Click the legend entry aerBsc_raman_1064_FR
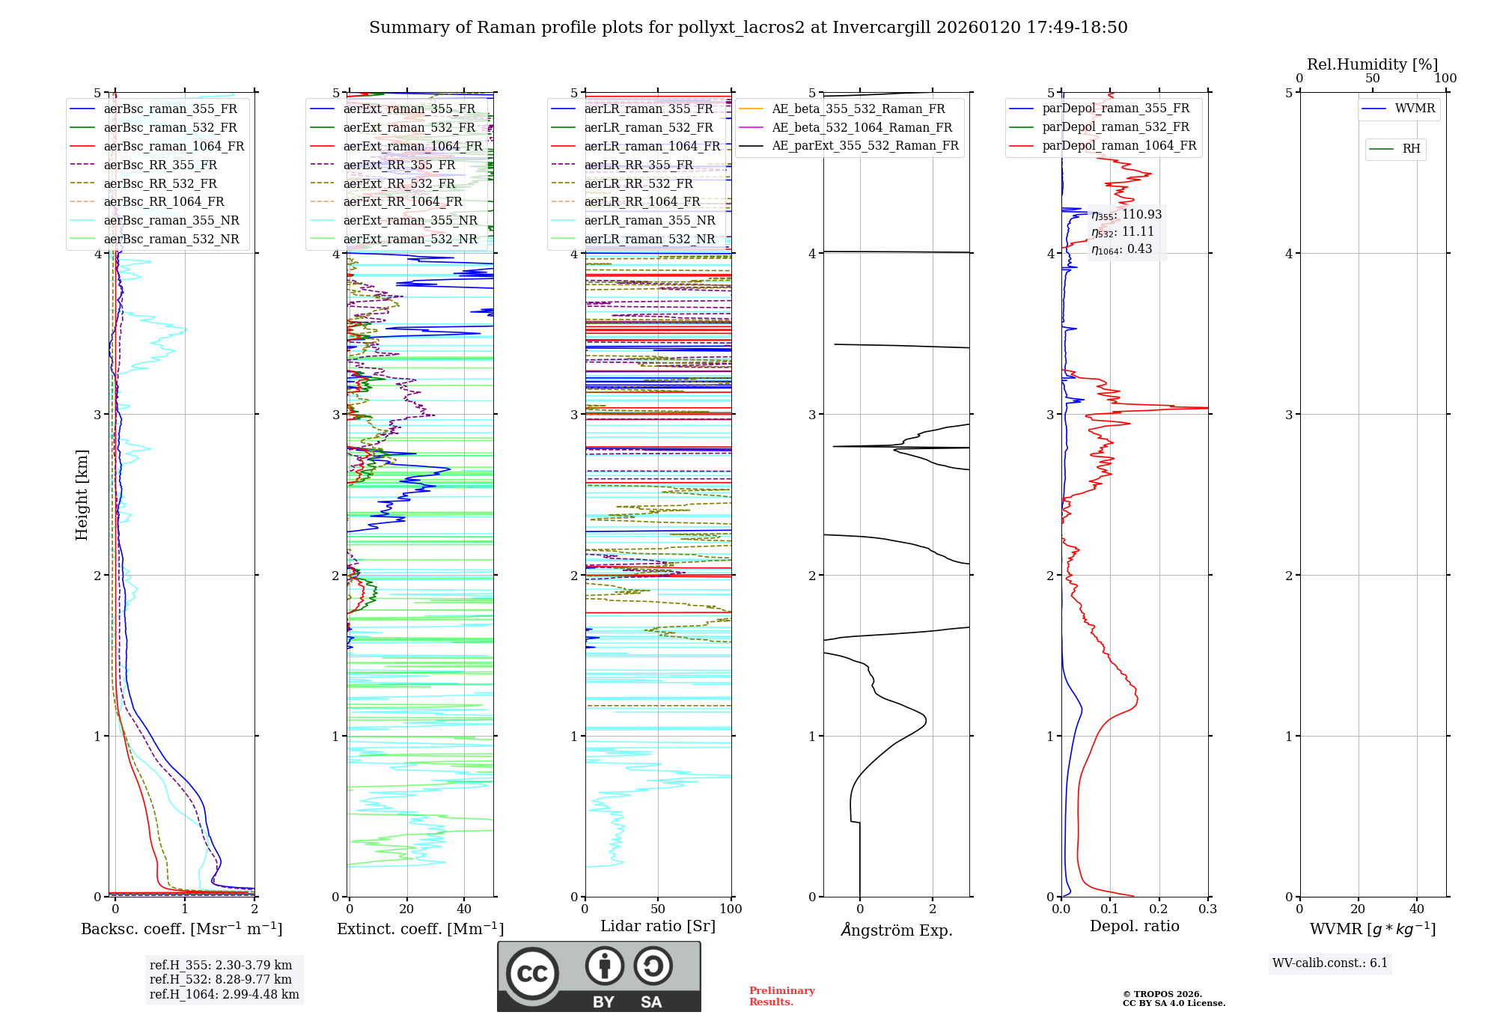point(174,146)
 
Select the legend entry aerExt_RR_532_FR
point(399,183)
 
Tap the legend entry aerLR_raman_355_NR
point(650,220)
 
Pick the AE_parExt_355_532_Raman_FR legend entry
point(865,145)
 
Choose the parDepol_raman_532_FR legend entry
point(1115,127)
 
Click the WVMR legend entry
point(1415,109)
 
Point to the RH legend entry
point(1411,149)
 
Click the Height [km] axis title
point(82,495)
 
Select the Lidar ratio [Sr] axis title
point(658,926)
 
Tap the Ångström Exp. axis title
point(897,930)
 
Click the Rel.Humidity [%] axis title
point(1372,64)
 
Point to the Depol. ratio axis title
point(1134,926)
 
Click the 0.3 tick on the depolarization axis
point(1207,909)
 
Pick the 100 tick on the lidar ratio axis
point(731,909)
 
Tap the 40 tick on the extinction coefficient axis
point(464,909)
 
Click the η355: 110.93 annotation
point(1126,215)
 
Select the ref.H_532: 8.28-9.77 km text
point(221,979)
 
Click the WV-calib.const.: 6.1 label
point(1330,963)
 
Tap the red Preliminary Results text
point(781,996)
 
